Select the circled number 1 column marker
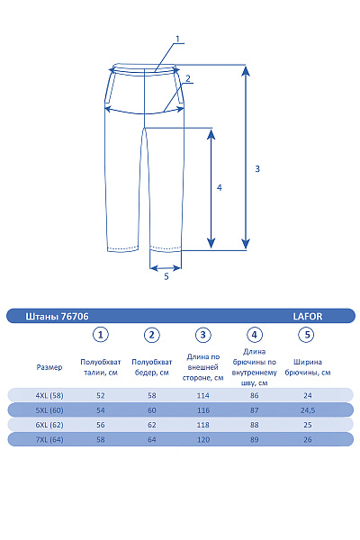coord(101,335)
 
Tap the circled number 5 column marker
coord(307,335)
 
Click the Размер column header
coord(49,367)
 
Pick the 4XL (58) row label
coord(49,395)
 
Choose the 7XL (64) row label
coord(49,439)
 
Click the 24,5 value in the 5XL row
coord(307,409)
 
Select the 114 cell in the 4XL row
coord(204,395)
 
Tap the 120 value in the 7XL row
coord(204,439)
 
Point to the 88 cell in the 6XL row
coord(256,425)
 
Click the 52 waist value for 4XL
coord(101,395)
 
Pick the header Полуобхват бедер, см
coord(152,367)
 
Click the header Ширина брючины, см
coord(307,367)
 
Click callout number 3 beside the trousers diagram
coord(257,168)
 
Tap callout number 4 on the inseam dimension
coord(220,188)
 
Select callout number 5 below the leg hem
coord(166,277)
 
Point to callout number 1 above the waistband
coord(178,39)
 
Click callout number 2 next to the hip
coord(188,78)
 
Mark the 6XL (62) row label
coord(49,425)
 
